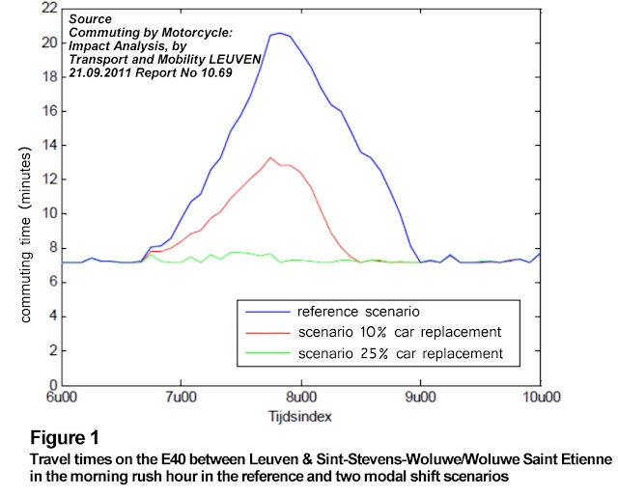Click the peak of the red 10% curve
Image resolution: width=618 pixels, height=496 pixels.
point(270,157)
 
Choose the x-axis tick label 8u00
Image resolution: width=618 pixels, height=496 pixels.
point(300,398)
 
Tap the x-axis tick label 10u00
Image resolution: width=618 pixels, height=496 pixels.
point(538,398)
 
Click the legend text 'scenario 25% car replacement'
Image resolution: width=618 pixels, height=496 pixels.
point(400,354)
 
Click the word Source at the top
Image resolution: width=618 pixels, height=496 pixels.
point(89,18)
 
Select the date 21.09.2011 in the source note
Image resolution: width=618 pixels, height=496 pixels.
point(104,71)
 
